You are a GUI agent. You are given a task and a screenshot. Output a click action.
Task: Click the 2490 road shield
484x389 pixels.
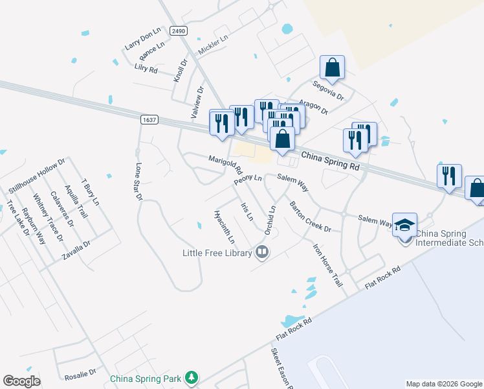pyautogui.click(x=179, y=31)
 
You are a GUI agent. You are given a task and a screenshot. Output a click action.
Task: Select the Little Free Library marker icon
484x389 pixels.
pyautogui.click(x=262, y=252)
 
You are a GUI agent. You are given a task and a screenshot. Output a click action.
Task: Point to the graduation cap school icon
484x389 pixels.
pyautogui.click(x=404, y=225)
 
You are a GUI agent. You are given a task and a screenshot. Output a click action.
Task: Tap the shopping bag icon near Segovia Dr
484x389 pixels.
pyautogui.click(x=332, y=67)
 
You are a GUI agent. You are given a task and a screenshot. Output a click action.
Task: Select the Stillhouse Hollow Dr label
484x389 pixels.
pyautogui.click(x=37, y=175)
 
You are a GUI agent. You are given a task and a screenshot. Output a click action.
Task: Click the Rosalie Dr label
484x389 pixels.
pyautogui.click(x=80, y=374)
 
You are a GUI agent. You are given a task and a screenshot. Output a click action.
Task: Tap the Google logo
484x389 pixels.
pyautogui.click(x=21, y=381)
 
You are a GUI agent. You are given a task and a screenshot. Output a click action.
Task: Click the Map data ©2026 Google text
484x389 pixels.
pyautogui.click(x=444, y=384)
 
